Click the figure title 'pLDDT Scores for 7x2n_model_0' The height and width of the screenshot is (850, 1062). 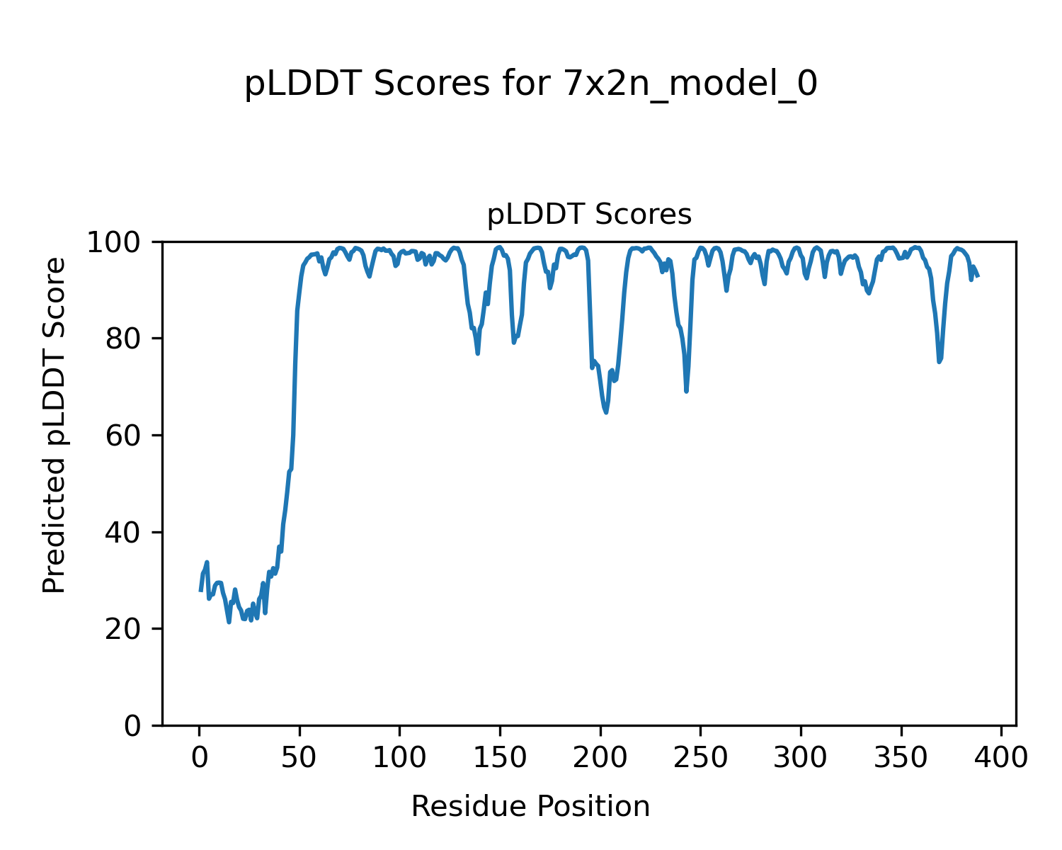pos(531,84)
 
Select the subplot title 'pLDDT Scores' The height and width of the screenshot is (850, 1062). pos(589,214)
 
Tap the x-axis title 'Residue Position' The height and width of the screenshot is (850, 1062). pos(530,806)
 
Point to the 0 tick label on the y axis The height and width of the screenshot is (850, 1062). pos(132,726)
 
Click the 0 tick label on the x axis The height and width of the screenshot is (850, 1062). pos(199,758)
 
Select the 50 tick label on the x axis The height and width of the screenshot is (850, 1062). pos(299,758)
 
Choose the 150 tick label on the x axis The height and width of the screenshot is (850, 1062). pos(500,758)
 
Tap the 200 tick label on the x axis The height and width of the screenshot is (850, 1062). pos(600,758)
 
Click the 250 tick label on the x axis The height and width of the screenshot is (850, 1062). pos(700,758)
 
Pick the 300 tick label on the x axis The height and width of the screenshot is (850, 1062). pos(801,758)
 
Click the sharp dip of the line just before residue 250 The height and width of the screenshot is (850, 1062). pos(686,391)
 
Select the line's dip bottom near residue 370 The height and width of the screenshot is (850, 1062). pos(939,361)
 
